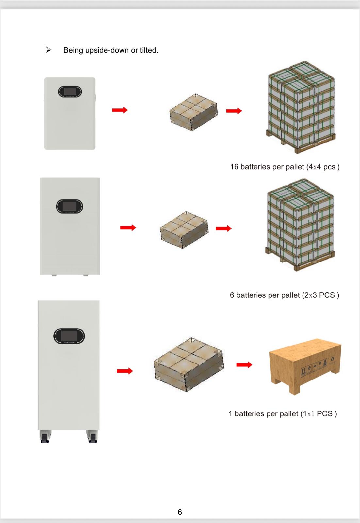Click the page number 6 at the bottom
coord(180,512)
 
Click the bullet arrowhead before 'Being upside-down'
coord(49,50)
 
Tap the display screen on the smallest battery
coord(70,92)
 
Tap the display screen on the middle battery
coord(69,206)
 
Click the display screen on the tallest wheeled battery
coord(69,336)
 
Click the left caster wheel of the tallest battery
coord(45,437)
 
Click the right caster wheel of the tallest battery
coord(92,437)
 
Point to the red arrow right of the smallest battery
coord(120,110)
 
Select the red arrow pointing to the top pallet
coord(234,111)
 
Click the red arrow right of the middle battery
coord(128,228)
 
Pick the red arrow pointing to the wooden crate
coord(244,364)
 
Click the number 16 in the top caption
coord(234,167)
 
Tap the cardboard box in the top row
coord(193,112)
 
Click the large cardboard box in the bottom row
coord(189,364)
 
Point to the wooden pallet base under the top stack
coord(301,145)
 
